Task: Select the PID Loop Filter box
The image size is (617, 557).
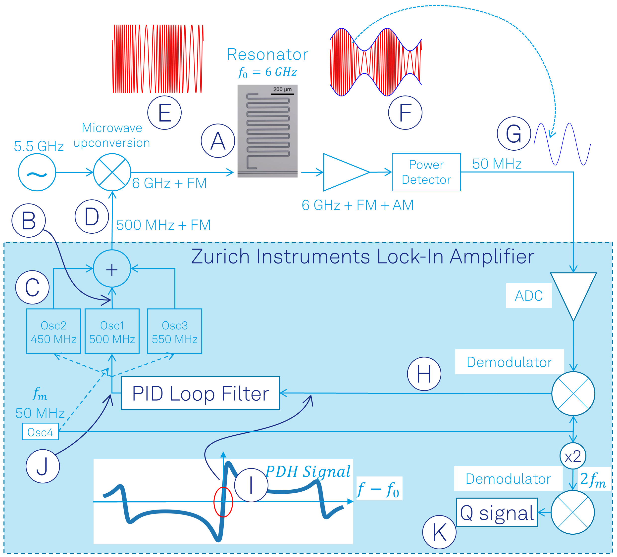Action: [x=200, y=393]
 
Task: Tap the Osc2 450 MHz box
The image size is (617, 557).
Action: [x=53, y=331]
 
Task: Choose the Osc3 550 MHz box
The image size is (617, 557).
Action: [x=174, y=331]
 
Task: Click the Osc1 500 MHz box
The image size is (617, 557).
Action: [x=112, y=331]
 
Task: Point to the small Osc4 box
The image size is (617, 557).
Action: [x=40, y=432]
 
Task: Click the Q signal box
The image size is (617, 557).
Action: [x=496, y=513]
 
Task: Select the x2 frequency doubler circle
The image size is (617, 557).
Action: [x=573, y=456]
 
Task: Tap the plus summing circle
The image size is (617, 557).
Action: [x=112, y=269]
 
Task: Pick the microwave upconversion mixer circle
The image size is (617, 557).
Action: [x=112, y=173]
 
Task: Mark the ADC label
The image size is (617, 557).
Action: [x=528, y=296]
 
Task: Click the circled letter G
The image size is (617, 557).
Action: [x=514, y=133]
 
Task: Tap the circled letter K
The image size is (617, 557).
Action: [x=439, y=532]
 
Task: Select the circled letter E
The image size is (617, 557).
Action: [x=164, y=113]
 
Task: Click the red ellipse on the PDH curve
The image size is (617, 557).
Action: [x=223, y=502]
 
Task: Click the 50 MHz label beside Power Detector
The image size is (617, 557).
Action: [x=497, y=164]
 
